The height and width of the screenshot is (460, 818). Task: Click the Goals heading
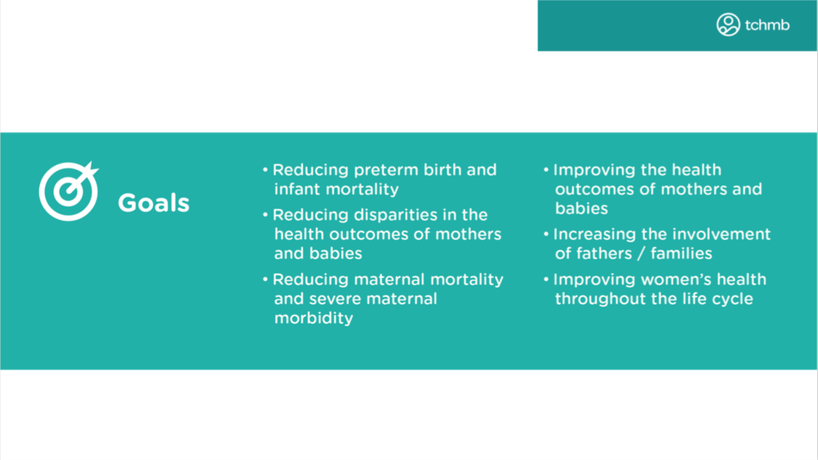154,203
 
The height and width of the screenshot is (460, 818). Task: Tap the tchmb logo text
767,25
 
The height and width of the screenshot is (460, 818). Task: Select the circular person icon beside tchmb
728,25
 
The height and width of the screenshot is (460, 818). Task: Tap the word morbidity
314,318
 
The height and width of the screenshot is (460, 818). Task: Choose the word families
681,254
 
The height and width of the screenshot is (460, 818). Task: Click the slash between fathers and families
641,254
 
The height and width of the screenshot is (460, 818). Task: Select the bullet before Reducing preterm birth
266,170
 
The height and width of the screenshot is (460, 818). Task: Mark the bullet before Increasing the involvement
547,234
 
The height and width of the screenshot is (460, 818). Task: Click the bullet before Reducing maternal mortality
266,279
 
